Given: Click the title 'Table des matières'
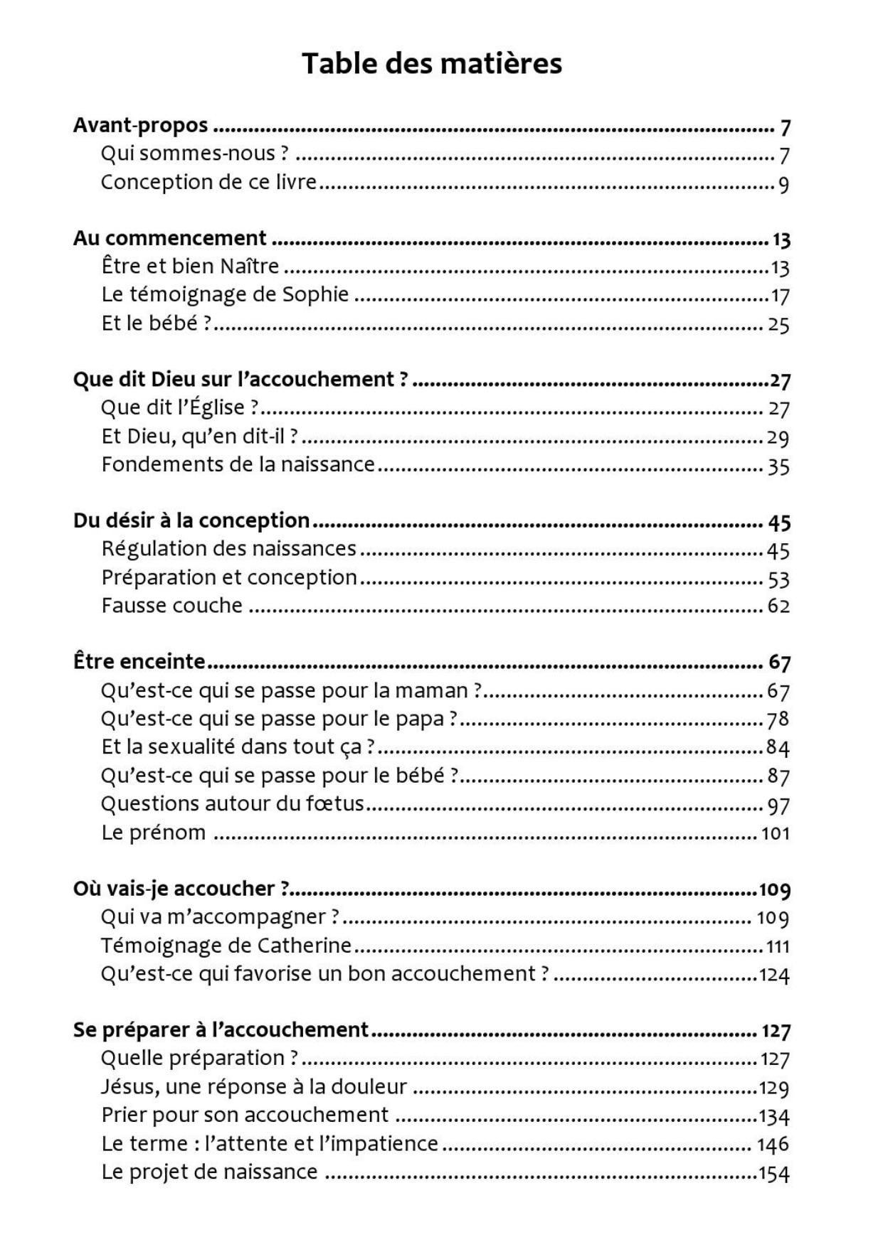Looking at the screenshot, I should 432,63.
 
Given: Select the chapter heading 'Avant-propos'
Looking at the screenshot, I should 141,125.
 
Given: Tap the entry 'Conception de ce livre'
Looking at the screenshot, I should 208,182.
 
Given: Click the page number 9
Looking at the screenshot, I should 783,185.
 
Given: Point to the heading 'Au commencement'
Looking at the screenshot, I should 169,238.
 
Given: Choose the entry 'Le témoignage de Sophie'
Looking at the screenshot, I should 225,294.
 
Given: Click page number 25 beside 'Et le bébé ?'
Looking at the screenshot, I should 778,325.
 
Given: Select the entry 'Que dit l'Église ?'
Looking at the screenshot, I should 180,407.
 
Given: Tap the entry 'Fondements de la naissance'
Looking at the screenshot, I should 238,464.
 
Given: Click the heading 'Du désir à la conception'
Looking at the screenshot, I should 191,520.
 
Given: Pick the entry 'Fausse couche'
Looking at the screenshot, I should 171,606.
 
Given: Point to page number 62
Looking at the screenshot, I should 778,606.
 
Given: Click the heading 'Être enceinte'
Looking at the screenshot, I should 139,662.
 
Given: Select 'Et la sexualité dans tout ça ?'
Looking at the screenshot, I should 238,746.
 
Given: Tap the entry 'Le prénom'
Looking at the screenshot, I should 153,833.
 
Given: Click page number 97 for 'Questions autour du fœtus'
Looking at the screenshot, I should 778,806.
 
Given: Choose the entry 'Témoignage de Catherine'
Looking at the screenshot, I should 226,946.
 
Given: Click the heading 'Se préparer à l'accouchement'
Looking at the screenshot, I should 221,1029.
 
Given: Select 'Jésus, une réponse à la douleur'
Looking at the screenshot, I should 254,1087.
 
